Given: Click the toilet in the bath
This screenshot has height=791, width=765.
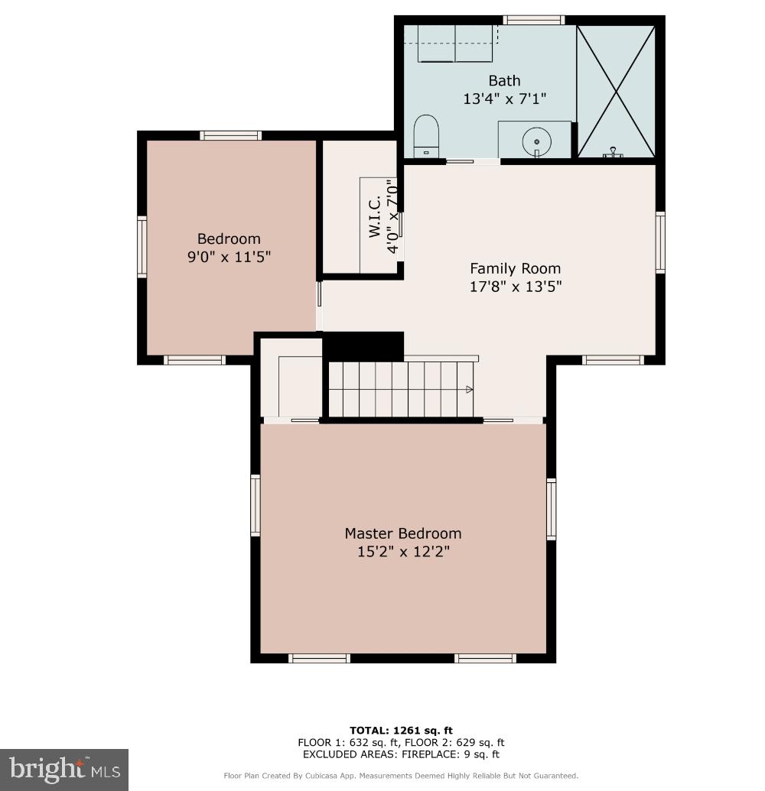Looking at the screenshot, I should pyautogui.click(x=426, y=135).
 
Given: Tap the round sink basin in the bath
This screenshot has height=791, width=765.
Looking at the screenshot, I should pyautogui.click(x=537, y=141).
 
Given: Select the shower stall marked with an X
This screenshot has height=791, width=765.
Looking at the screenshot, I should pyautogui.click(x=615, y=91).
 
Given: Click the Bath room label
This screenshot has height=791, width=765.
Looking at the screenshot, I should pyautogui.click(x=504, y=81).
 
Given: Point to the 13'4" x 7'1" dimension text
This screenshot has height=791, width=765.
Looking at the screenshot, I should pyautogui.click(x=504, y=99).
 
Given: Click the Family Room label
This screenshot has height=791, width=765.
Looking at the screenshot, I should pyautogui.click(x=515, y=268).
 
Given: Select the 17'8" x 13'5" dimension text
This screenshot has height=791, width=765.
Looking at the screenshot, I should pyautogui.click(x=515, y=287).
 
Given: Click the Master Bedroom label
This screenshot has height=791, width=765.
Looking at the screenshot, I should pyautogui.click(x=402, y=533).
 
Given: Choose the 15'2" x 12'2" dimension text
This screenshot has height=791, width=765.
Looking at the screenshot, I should pyautogui.click(x=402, y=552).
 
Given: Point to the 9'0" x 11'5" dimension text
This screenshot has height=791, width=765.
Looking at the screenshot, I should pyautogui.click(x=229, y=258).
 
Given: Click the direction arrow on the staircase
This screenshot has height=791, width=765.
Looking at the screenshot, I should pyautogui.click(x=469, y=390).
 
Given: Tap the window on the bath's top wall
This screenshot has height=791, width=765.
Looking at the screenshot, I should pyautogui.click(x=533, y=20).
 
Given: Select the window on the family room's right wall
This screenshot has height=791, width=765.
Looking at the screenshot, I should pyautogui.click(x=660, y=242).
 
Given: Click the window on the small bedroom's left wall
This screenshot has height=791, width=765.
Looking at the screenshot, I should pyautogui.click(x=142, y=246).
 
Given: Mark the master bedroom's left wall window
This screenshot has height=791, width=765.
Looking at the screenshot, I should pyautogui.click(x=256, y=504).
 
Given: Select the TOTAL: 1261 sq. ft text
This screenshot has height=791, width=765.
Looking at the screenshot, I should pyautogui.click(x=401, y=731).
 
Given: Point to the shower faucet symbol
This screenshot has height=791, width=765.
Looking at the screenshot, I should pyautogui.click(x=612, y=154).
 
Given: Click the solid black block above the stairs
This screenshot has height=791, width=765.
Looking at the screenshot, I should pyautogui.click(x=363, y=346).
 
